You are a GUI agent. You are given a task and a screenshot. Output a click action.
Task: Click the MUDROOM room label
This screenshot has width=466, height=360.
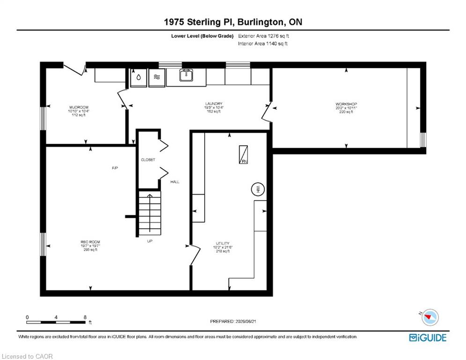coord(79,107)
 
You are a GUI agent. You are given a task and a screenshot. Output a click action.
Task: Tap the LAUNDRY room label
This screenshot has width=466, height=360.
coord(214,104)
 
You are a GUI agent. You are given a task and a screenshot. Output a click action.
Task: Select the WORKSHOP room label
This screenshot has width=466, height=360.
coord(346,104)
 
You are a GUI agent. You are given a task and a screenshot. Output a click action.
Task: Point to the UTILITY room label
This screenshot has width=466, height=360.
coord(222,243)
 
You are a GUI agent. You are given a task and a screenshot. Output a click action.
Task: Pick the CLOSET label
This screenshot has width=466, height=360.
coord(148,160)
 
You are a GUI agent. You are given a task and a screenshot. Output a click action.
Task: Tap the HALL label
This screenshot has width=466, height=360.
coord(175,182)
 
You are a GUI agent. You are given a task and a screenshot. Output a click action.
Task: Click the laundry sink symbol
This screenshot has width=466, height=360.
coord(186,75)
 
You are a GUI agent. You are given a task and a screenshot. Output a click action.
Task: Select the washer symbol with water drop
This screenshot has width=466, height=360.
coord(139,78)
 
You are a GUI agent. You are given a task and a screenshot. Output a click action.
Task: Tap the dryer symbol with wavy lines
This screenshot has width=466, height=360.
coord(156,78)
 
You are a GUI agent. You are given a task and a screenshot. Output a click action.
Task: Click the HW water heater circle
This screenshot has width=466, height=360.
coord(258,189)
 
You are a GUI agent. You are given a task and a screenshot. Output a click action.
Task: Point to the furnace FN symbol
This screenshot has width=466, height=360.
coord(244,154)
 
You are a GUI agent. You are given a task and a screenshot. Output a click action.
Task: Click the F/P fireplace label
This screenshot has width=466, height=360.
coord(115,168)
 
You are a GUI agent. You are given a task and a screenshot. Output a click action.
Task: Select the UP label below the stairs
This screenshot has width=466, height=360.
coord(150,241)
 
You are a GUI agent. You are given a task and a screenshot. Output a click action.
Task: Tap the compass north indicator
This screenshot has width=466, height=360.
coord(429,317)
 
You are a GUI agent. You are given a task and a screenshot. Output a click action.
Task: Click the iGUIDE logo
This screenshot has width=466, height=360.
coord(428,337)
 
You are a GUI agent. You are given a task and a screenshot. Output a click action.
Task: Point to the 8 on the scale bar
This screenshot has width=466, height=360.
coord(85,317)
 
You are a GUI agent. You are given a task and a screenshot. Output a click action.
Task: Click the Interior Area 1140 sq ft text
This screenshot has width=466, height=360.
coord(263,44)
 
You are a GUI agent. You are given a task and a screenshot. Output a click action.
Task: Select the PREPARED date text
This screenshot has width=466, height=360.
coord(233,321)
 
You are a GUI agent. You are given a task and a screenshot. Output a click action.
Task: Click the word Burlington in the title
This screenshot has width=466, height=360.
coord(260,22)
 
